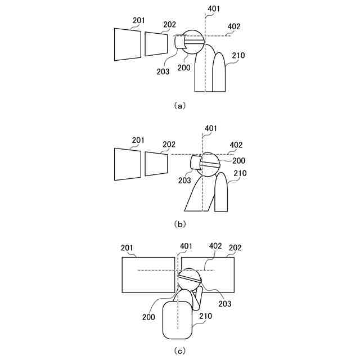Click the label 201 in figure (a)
click(139, 21)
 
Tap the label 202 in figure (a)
click(169, 25)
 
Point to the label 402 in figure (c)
click(215, 246)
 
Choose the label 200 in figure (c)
click(149, 317)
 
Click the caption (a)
click(180, 105)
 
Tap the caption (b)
click(180, 223)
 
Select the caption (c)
click(180, 352)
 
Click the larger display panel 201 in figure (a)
click(128, 44)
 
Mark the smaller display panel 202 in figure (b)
click(157, 163)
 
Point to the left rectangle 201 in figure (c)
click(148, 274)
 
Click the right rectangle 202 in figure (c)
click(217, 274)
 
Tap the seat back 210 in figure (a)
click(220, 73)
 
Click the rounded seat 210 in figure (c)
click(178, 319)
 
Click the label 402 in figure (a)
click(235, 26)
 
